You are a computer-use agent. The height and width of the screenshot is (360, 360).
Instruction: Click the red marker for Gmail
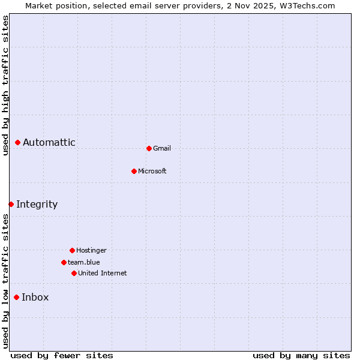pos(149,148)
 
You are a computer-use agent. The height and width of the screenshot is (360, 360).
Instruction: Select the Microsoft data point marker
pos(134,171)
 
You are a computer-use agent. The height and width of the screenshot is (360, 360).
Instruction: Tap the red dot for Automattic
pos(18,142)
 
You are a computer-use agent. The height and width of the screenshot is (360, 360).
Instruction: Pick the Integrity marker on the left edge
pos(11,204)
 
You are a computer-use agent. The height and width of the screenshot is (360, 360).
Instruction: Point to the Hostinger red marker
pos(72,250)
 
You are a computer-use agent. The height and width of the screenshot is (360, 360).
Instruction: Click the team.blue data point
pos(64,262)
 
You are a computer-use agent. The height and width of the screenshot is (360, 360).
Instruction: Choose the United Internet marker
pos(74,273)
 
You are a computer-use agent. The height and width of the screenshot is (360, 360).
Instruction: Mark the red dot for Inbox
pos(17,297)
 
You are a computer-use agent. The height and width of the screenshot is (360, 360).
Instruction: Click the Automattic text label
pos(49,142)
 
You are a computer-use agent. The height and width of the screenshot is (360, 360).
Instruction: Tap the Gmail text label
pos(162,148)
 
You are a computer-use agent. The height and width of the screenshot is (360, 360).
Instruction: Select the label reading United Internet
pos(103,273)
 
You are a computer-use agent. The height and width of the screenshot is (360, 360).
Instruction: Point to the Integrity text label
pos(37,204)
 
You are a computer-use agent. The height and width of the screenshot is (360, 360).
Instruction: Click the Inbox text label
pos(35,297)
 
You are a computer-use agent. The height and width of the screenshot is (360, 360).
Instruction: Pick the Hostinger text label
pos(91,250)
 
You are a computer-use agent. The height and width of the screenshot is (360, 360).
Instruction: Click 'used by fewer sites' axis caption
pos(62,355)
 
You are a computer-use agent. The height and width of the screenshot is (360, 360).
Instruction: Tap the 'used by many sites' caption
pos(301,355)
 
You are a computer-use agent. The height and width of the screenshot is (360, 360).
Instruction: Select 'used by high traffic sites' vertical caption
pos(5,85)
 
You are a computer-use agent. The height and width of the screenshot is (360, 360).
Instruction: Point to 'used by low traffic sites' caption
pos(5,281)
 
